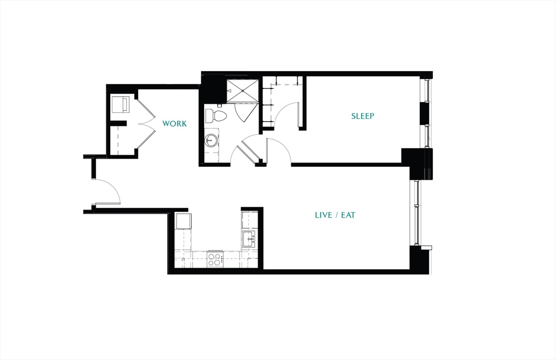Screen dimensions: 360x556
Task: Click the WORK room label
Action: point(174,124)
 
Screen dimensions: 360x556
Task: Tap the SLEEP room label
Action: point(363,116)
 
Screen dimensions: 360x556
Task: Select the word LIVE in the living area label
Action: point(323,215)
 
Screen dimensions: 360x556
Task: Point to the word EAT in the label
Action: point(348,215)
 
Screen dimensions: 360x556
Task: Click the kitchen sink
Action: point(249,238)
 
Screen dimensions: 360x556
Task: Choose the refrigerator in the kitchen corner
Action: point(183,221)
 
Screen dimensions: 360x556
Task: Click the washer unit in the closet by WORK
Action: point(119,104)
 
